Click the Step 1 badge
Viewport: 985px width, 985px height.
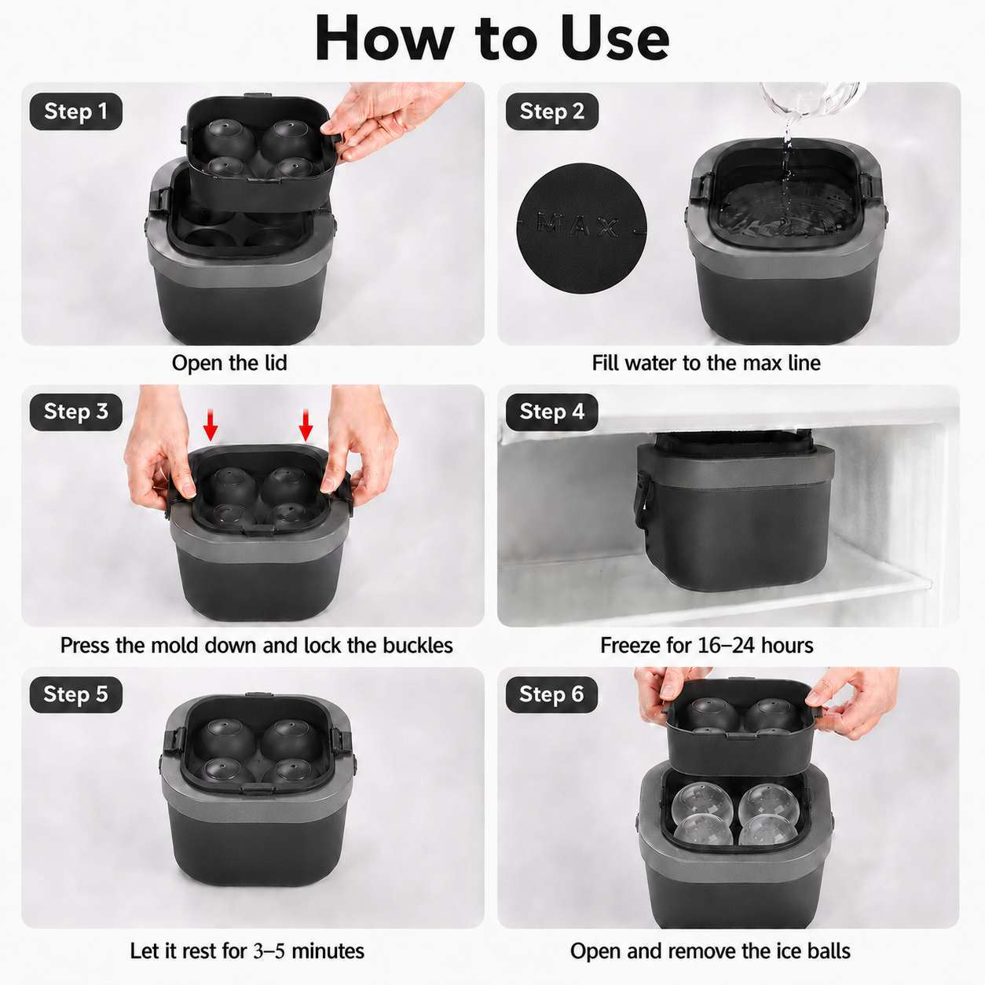click(x=75, y=112)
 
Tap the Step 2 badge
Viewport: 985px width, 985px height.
click(x=552, y=112)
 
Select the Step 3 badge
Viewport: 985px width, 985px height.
click(x=75, y=412)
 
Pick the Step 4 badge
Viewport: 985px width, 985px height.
click(x=552, y=412)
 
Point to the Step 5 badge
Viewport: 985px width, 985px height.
click(x=75, y=694)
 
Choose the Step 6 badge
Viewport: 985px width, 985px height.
click(x=552, y=694)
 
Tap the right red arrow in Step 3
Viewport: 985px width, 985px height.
click(x=306, y=425)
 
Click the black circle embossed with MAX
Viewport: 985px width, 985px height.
click(x=582, y=228)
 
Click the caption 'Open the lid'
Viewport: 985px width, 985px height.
click(x=229, y=363)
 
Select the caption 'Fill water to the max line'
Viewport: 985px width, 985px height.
click(x=706, y=363)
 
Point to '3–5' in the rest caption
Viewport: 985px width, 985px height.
click(x=269, y=937)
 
